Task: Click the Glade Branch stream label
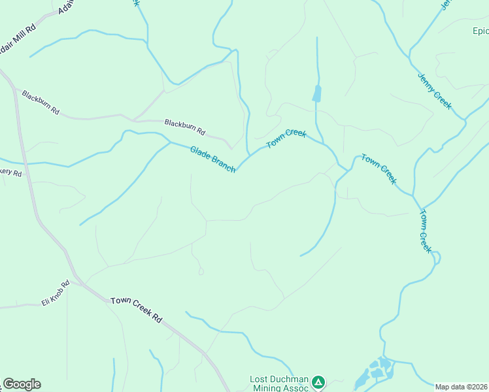pyautogui.click(x=212, y=159)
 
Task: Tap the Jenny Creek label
pyautogui.click(x=435, y=90)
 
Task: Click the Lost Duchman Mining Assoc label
pyautogui.click(x=279, y=384)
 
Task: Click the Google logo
pyautogui.click(x=22, y=384)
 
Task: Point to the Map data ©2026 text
pyautogui.click(x=462, y=387)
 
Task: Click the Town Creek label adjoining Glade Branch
pyautogui.click(x=286, y=139)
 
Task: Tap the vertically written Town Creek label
pyautogui.click(x=426, y=231)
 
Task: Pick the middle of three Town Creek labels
pyautogui.click(x=379, y=169)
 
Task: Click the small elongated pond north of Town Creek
pyautogui.click(x=317, y=93)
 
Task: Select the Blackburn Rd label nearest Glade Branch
pyautogui.click(x=185, y=127)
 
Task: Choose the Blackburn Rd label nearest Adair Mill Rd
pyautogui.click(x=41, y=103)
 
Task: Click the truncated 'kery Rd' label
pyautogui.click(x=10, y=173)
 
